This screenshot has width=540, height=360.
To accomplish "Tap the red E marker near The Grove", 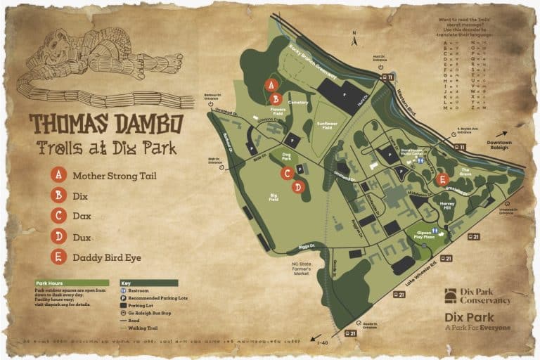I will coord(442,179).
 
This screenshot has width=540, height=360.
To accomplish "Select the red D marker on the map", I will coord(297,186).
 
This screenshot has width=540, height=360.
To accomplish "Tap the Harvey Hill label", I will coord(448,205).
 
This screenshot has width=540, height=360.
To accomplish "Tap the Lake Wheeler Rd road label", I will coord(424,271).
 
